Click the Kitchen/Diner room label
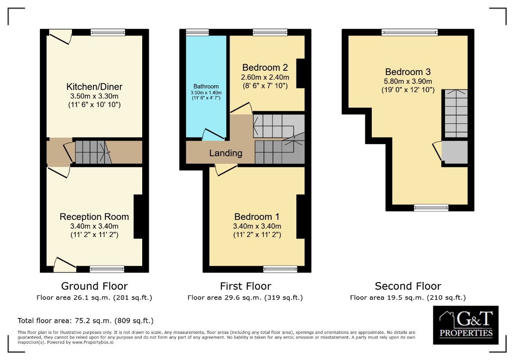(x=94, y=87)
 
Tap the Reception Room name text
(x=94, y=217)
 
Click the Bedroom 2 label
(x=265, y=68)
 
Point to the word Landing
(x=226, y=153)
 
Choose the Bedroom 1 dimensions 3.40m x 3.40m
(x=257, y=226)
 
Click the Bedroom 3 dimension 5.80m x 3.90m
(x=408, y=81)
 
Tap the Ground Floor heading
(x=94, y=286)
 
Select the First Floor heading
(x=245, y=286)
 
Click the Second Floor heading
(x=408, y=286)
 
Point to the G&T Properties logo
(x=466, y=325)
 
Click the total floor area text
(x=85, y=321)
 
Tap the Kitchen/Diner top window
(x=108, y=32)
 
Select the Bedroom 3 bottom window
(x=431, y=208)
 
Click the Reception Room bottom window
(x=107, y=269)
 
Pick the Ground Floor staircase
(x=92, y=152)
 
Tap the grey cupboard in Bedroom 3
(x=454, y=152)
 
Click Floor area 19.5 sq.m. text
(x=408, y=297)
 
